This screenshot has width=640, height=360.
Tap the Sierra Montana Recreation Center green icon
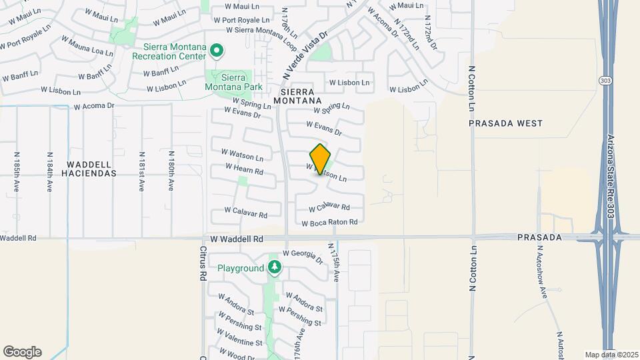coord(216,51)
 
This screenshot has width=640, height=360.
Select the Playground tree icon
coord(275,268)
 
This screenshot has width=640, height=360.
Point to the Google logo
coord(22,351)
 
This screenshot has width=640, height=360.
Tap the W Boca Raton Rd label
coord(329,223)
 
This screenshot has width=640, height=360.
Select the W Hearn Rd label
coord(244,169)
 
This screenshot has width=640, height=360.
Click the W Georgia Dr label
coord(303,254)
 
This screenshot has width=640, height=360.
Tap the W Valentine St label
coord(239,342)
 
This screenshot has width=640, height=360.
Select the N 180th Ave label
coord(171,171)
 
